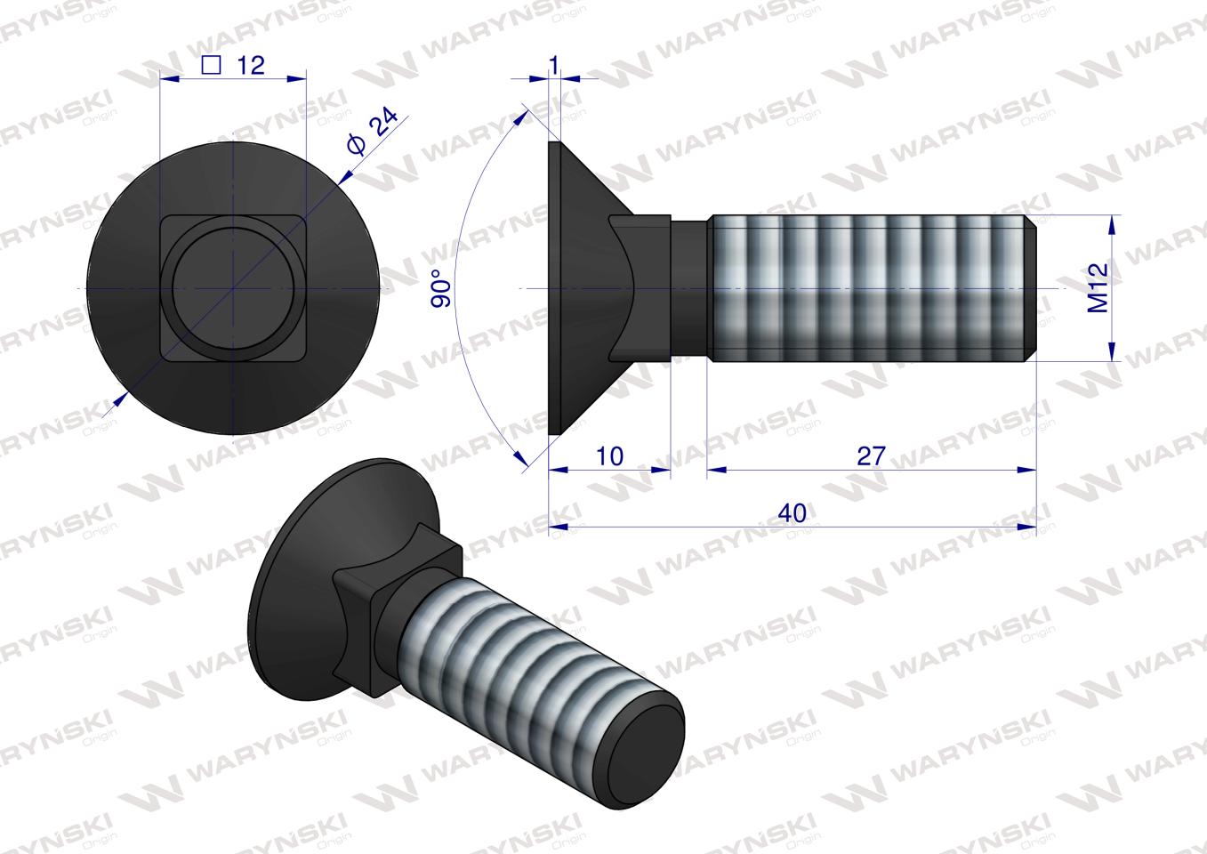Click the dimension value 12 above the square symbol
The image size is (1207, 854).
(251, 65)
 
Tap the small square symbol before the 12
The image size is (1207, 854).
(211, 64)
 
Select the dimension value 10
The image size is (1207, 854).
(609, 455)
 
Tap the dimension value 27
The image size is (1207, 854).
(871, 455)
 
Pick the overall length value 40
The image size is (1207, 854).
(792, 513)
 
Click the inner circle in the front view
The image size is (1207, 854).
(232, 289)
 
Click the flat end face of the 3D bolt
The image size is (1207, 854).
(644, 735)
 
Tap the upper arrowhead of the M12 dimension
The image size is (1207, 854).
(1112, 222)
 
